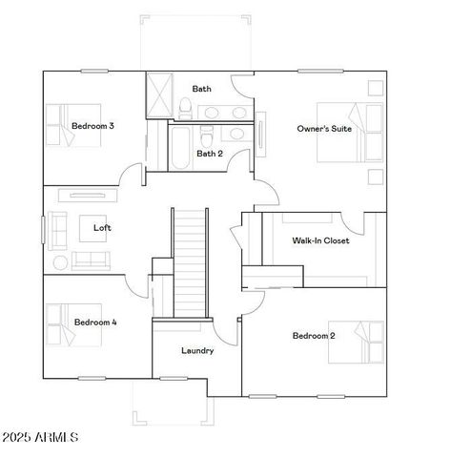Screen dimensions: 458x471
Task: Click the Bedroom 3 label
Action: coord(92,126)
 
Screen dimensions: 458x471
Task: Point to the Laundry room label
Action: coord(197,350)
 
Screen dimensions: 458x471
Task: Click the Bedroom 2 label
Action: coord(314,335)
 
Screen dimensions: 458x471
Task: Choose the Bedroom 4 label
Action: coord(95,323)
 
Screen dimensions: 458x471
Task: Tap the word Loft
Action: coord(102,228)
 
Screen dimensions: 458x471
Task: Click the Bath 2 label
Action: coord(210,153)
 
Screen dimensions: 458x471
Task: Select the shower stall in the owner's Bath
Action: coord(157,94)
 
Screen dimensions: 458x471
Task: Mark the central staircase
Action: coord(189,262)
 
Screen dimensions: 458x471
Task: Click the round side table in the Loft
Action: coord(59,261)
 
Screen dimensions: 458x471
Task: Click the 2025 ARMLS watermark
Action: coord(40,438)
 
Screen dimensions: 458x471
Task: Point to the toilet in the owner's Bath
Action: coord(187,105)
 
